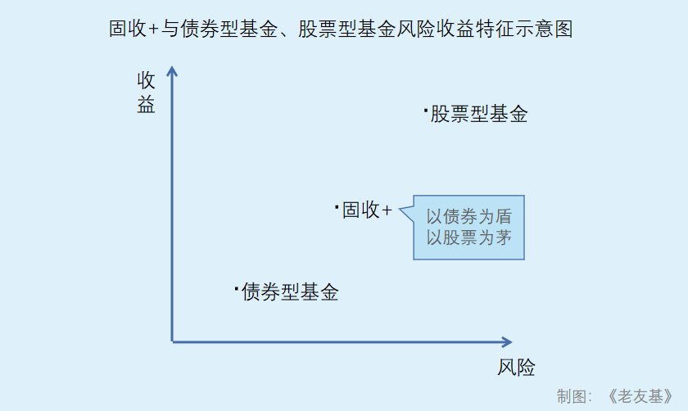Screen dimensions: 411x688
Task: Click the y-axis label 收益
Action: pos(147,93)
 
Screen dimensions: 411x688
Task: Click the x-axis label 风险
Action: pos(516,368)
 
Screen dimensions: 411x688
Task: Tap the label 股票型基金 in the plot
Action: pos(479,114)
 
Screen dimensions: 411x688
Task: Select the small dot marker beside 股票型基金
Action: pos(426,108)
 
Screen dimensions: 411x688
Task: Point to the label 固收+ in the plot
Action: pos(367,210)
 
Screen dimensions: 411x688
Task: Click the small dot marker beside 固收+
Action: pos(337,206)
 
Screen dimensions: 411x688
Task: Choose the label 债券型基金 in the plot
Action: pos(290,292)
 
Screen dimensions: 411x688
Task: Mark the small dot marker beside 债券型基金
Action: pos(236,287)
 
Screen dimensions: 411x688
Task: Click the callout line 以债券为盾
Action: pos(469,217)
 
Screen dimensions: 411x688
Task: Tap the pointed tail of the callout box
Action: pos(401,210)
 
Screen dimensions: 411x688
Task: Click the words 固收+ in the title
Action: pos(133,29)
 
